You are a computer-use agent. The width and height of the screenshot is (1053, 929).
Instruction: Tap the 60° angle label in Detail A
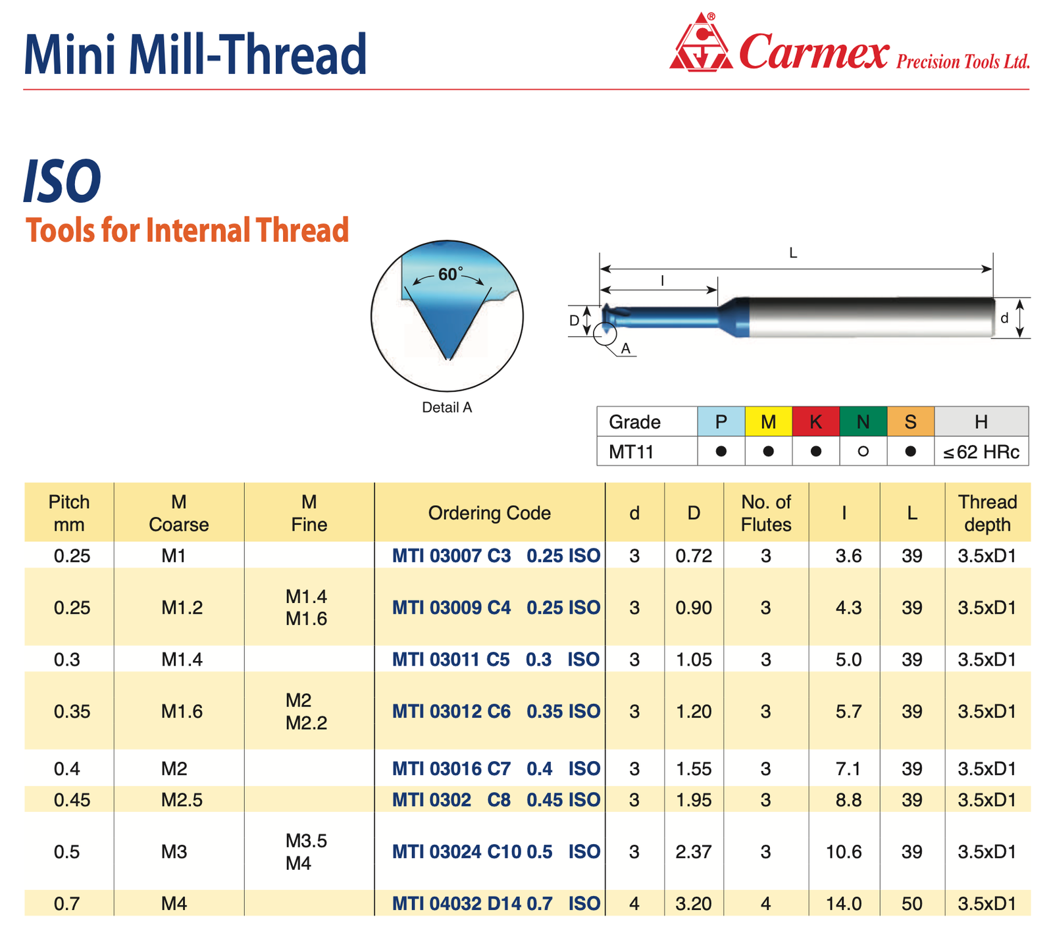(x=450, y=274)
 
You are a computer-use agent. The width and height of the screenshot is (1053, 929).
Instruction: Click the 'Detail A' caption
(x=447, y=408)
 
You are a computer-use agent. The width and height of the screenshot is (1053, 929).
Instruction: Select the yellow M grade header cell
(x=768, y=421)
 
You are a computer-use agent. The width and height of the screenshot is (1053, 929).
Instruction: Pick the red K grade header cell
(x=815, y=421)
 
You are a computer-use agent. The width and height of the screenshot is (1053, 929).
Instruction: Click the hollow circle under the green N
(x=863, y=452)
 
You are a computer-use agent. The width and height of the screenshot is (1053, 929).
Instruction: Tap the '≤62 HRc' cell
(x=981, y=452)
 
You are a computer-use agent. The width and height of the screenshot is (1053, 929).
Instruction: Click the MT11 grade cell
(x=630, y=452)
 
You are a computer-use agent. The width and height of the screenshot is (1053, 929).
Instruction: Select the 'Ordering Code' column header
(x=489, y=513)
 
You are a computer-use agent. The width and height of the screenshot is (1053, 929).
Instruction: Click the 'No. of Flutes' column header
(x=766, y=513)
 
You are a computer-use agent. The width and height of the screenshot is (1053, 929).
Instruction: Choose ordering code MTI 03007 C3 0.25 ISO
(x=496, y=556)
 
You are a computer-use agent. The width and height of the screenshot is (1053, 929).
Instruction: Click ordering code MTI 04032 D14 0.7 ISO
(x=496, y=903)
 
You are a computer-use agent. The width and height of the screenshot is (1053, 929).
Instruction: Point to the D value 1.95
(x=694, y=800)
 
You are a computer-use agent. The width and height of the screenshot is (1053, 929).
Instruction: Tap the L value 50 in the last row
(x=912, y=903)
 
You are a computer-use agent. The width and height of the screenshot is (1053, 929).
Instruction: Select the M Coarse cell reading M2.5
(x=182, y=800)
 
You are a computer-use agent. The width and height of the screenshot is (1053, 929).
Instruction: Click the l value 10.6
(x=844, y=852)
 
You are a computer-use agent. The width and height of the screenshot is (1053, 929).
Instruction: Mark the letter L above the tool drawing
(x=793, y=253)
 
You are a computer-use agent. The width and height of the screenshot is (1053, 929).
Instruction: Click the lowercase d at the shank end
(x=1004, y=318)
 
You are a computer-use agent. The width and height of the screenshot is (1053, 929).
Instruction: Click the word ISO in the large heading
(x=63, y=181)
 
